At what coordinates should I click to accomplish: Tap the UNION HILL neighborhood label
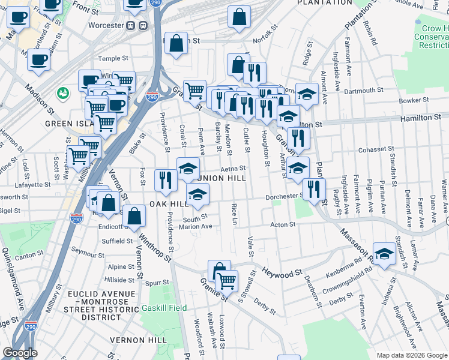tap(218, 179)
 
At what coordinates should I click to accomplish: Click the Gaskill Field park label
tap(164, 308)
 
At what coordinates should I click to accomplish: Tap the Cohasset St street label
tap(375, 149)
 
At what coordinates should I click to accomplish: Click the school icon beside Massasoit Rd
tap(384, 251)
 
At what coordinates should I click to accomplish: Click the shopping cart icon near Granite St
tap(226, 280)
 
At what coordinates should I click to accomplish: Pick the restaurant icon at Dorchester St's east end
tap(313, 188)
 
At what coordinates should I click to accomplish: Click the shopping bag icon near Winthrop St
tap(134, 215)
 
